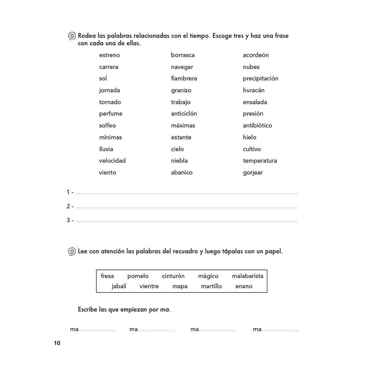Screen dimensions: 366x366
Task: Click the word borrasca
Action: coord(183,55)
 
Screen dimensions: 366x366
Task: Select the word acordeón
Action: coord(256,55)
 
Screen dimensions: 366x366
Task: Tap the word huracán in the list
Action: coord(254,90)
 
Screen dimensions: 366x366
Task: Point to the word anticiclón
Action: coord(184,114)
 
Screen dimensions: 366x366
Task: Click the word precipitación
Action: coord(261,79)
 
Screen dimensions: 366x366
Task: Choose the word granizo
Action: coord(181,90)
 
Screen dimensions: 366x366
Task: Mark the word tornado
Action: coord(110,102)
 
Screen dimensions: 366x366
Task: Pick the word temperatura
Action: coord(260,161)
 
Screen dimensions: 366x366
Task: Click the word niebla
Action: coord(179,161)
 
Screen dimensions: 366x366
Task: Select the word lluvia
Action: coord(106,149)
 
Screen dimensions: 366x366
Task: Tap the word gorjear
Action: coord(253,173)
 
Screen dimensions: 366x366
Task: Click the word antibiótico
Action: coord(258,126)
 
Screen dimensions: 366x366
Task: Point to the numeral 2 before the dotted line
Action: coord(68,206)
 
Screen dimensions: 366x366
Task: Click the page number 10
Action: coord(57,343)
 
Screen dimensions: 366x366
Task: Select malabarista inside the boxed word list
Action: coord(247,276)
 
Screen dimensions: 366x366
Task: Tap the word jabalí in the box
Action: coord(119,286)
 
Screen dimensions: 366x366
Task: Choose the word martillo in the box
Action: coord(211,286)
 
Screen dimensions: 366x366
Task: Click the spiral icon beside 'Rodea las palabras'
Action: coord(72,36)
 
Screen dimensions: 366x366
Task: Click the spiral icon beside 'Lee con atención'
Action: coord(72,251)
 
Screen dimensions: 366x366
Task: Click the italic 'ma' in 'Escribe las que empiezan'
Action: coord(165,310)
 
